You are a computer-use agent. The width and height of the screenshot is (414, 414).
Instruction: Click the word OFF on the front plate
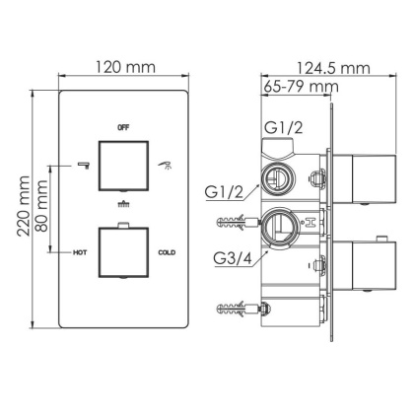pos(123,128)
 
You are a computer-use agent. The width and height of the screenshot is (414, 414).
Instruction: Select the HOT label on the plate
pos(82,253)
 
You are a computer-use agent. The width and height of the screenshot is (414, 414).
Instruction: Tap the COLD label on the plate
pos(167,253)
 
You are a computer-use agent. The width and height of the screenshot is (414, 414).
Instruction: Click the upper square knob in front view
pos(123,162)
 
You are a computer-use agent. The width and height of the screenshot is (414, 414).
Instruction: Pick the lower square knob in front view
pos(123,254)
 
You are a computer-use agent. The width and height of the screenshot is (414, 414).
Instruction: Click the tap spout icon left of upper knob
pos(83,163)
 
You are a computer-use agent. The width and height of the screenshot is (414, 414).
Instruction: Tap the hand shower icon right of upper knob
pos(165,163)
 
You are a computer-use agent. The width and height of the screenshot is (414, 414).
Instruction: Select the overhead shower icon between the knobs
pos(123,206)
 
